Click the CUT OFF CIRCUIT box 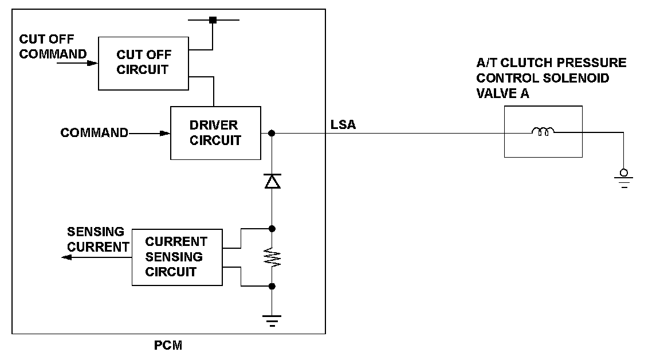click(143, 63)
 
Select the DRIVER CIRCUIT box click(215, 132)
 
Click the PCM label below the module click(168, 346)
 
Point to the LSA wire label click(343, 124)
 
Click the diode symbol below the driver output click(272, 182)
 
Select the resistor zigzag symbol click(272, 257)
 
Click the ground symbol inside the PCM click(272, 322)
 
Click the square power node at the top click(213, 20)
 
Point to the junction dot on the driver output click(272, 133)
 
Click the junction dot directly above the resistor click(272, 228)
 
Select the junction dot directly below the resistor click(272, 286)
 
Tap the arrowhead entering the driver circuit click(166, 133)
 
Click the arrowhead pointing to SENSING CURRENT click(66, 257)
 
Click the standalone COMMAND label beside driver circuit click(94, 133)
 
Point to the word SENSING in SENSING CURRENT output click(96, 232)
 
